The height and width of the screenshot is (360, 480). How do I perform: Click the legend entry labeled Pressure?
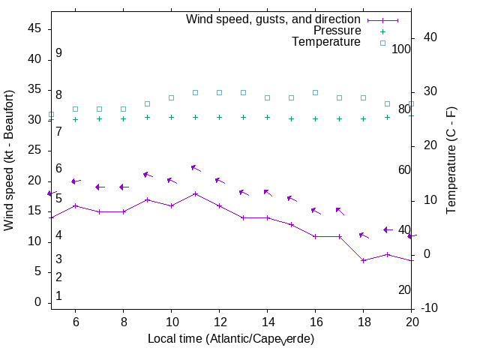point(337,31)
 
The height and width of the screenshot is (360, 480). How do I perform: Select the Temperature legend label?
point(326,42)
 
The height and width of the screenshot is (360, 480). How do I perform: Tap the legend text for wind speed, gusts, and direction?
point(274,19)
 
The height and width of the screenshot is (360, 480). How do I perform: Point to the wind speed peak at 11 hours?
point(195,193)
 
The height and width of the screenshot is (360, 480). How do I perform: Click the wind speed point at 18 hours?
point(363,260)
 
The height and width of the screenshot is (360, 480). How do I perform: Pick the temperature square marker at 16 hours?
point(315,92)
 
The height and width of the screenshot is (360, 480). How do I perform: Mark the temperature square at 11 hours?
point(195,92)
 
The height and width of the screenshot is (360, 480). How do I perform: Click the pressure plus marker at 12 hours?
point(219,117)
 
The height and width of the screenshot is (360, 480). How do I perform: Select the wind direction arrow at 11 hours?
point(195,168)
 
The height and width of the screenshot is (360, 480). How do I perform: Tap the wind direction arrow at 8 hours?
point(124,187)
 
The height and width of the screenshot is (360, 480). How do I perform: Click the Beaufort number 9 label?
point(58,53)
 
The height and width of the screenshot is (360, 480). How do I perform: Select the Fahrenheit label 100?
point(402,49)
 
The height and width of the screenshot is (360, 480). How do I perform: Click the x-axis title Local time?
point(230,339)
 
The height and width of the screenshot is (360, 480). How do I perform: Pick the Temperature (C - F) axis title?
point(452,160)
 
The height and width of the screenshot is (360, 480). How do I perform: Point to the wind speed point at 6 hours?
point(75,205)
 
